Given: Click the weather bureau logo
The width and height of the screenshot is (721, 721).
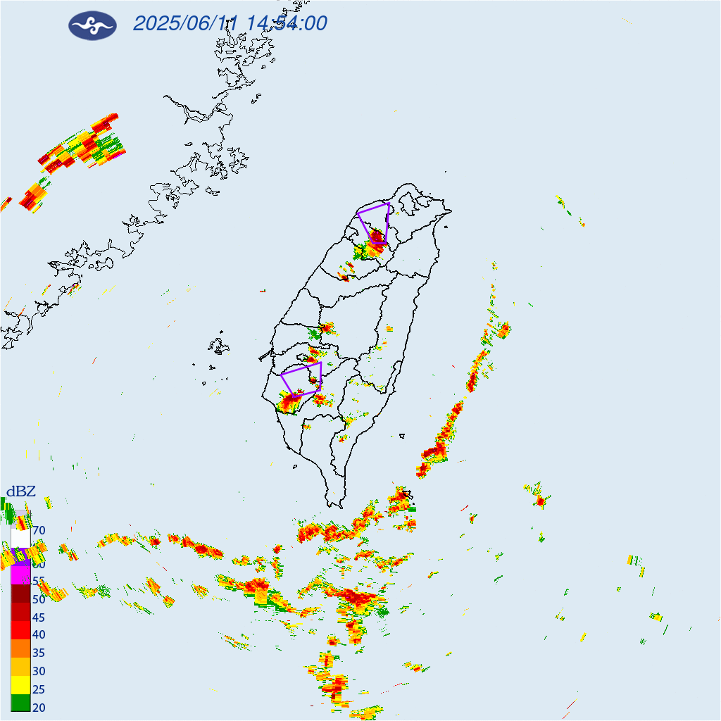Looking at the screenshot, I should pyautogui.click(x=92, y=25).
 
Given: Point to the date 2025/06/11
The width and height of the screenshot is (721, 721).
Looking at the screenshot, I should pyautogui.click(x=185, y=24).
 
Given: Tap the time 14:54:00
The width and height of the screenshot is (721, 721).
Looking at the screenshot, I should pyautogui.click(x=285, y=24).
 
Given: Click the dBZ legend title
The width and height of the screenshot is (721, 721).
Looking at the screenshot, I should pyautogui.click(x=21, y=491).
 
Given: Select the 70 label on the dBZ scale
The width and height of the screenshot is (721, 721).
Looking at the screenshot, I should pyautogui.click(x=39, y=530).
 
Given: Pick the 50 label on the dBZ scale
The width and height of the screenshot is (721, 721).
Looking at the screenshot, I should pyautogui.click(x=39, y=599).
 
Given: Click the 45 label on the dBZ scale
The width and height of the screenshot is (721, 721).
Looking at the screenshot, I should pyautogui.click(x=39, y=617).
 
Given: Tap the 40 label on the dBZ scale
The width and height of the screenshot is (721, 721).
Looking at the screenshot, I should pyautogui.click(x=39, y=635).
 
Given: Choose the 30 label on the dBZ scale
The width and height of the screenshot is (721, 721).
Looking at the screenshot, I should pyautogui.click(x=39, y=671).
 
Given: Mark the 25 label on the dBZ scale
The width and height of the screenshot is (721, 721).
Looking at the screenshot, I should pyautogui.click(x=39, y=689).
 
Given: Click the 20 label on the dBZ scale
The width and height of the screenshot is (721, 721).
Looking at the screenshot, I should pyautogui.click(x=39, y=707).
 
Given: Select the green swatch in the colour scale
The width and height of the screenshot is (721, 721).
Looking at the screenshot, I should pyautogui.click(x=20, y=702).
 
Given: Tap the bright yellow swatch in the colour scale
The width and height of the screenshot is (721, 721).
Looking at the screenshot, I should pyautogui.click(x=20, y=684).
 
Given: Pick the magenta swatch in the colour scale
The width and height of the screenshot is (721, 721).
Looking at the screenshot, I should pyautogui.click(x=20, y=575).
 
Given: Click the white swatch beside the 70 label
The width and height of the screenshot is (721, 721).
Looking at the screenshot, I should pyautogui.click(x=20, y=538).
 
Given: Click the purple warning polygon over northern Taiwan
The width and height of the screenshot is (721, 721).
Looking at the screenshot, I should pyautogui.click(x=374, y=221).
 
